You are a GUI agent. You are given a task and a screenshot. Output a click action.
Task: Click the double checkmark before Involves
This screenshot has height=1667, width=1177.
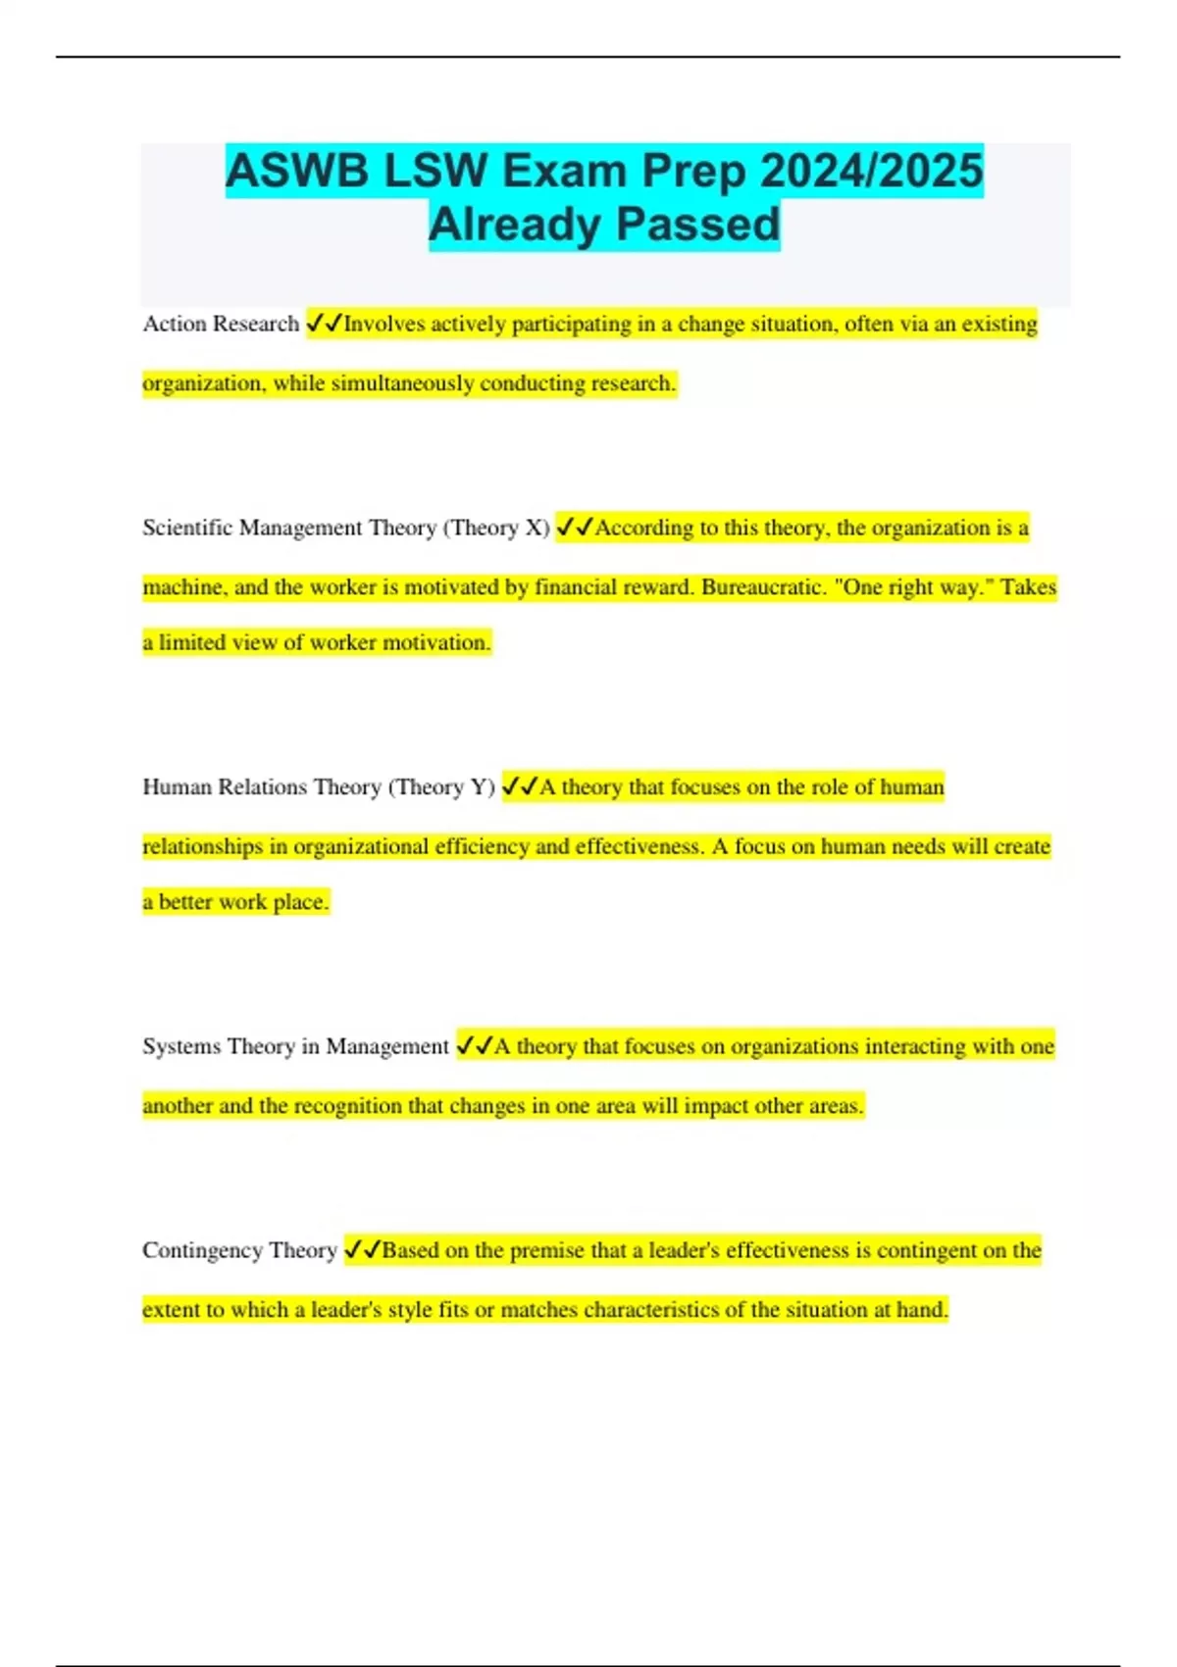coord(325,324)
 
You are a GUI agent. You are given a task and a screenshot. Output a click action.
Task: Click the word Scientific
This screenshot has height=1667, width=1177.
coord(187,528)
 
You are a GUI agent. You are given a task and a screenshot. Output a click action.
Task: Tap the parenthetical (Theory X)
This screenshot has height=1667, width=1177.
coord(496,528)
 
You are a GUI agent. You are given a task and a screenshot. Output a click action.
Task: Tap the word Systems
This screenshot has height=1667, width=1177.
coord(179,1046)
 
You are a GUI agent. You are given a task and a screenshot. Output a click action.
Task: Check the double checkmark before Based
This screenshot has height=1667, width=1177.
coord(362,1250)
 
